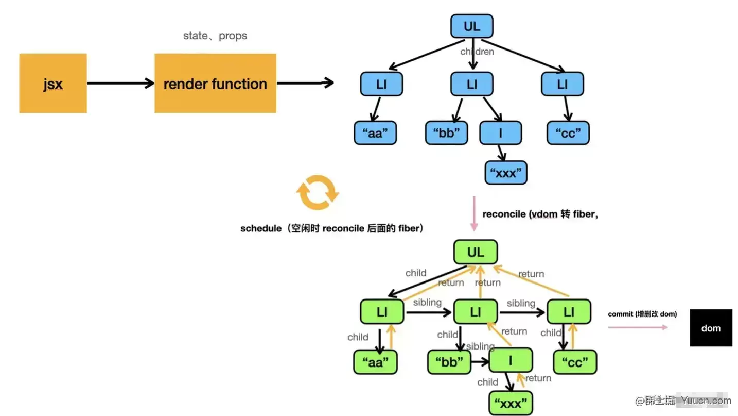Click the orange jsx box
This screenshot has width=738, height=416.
click(53, 83)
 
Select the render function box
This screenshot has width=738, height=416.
click(215, 83)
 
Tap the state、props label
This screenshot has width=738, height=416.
click(215, 36)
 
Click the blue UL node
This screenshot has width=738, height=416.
click(472, 26)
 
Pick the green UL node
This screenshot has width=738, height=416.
click(476, 252)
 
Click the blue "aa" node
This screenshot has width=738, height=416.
click(375, 133)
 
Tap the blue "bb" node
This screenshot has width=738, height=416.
click(447, 133)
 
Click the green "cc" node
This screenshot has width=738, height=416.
click(575, 362)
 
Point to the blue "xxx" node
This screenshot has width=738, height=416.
click(506, 173)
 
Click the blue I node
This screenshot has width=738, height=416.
click(500, 133)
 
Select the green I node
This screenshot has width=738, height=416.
click(511, 360)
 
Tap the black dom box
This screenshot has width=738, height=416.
click(711, 328)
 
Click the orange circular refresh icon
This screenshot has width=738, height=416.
click(318, 192)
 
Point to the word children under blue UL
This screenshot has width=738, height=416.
click(477, 52)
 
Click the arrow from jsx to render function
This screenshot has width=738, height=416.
click(120, 83)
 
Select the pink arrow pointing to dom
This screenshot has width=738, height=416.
click(638, 327)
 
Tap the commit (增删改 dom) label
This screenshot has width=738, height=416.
click(642, 314)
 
